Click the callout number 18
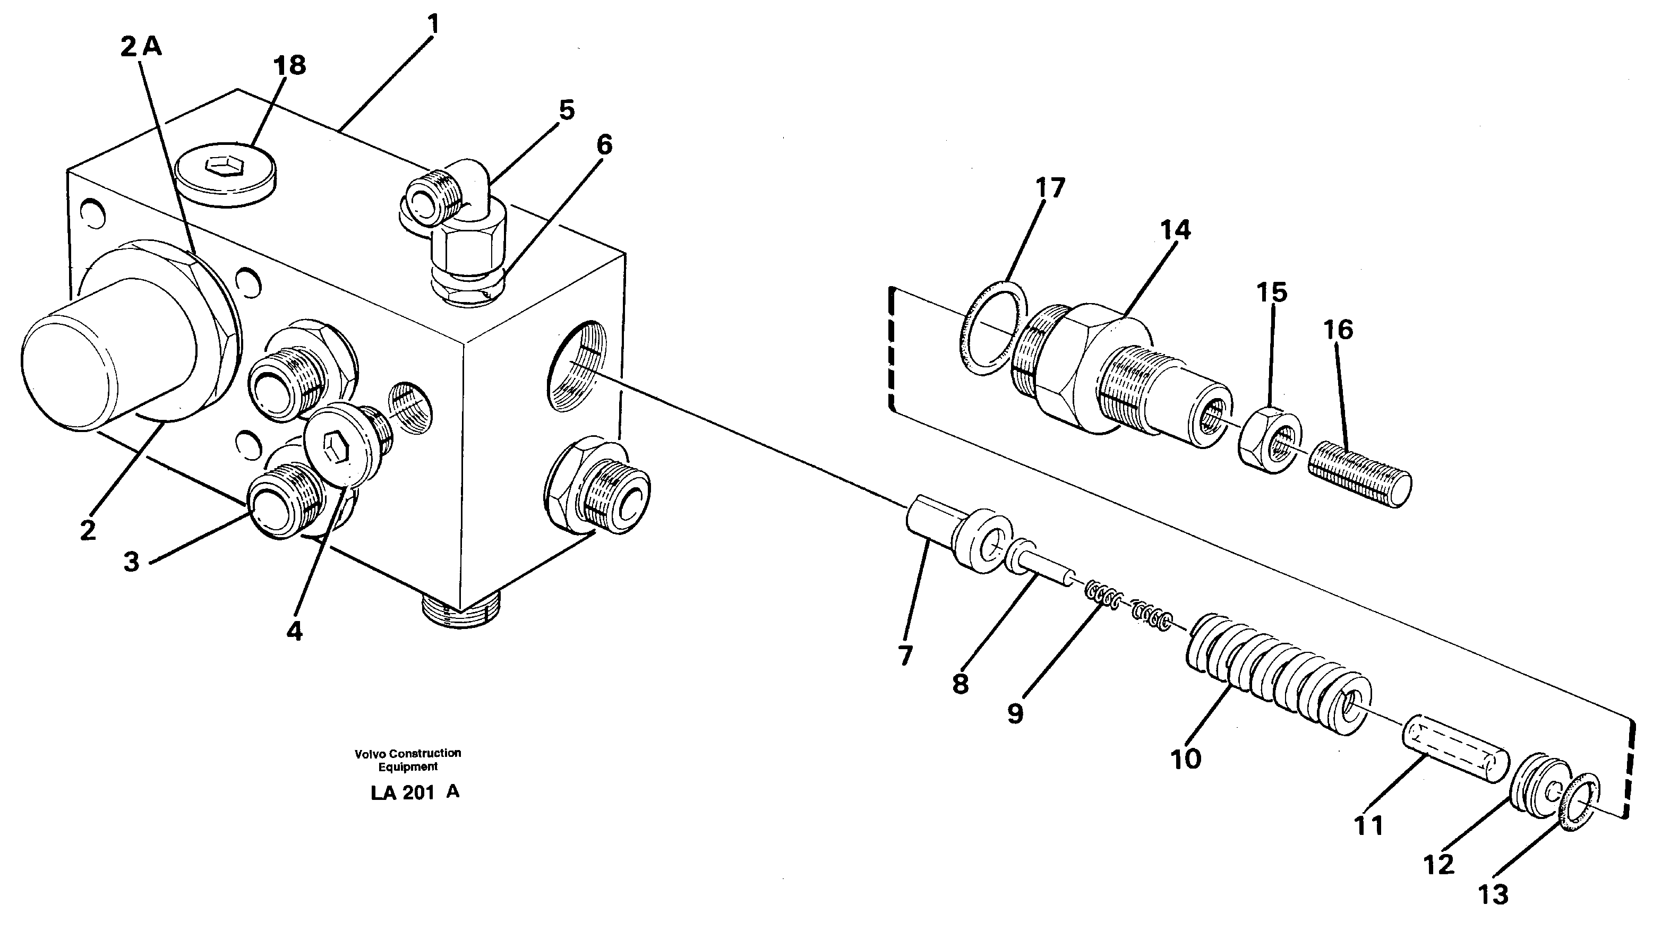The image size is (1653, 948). pyautogui.click(x=290, y=66)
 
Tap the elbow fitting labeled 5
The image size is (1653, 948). pyautogui.click(x=459, y=215)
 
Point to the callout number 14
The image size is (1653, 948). pyautogui.click(x=1175, y=230)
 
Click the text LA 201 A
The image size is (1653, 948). pyautogui.click(x=415, y=792)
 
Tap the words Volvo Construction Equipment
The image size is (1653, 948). pyautogui.click(x=408, y=760)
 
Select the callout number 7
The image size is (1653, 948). pyautogui.click(x=905, y=656)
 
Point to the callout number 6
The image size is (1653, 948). pyautogui.click(x=604, y=145)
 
